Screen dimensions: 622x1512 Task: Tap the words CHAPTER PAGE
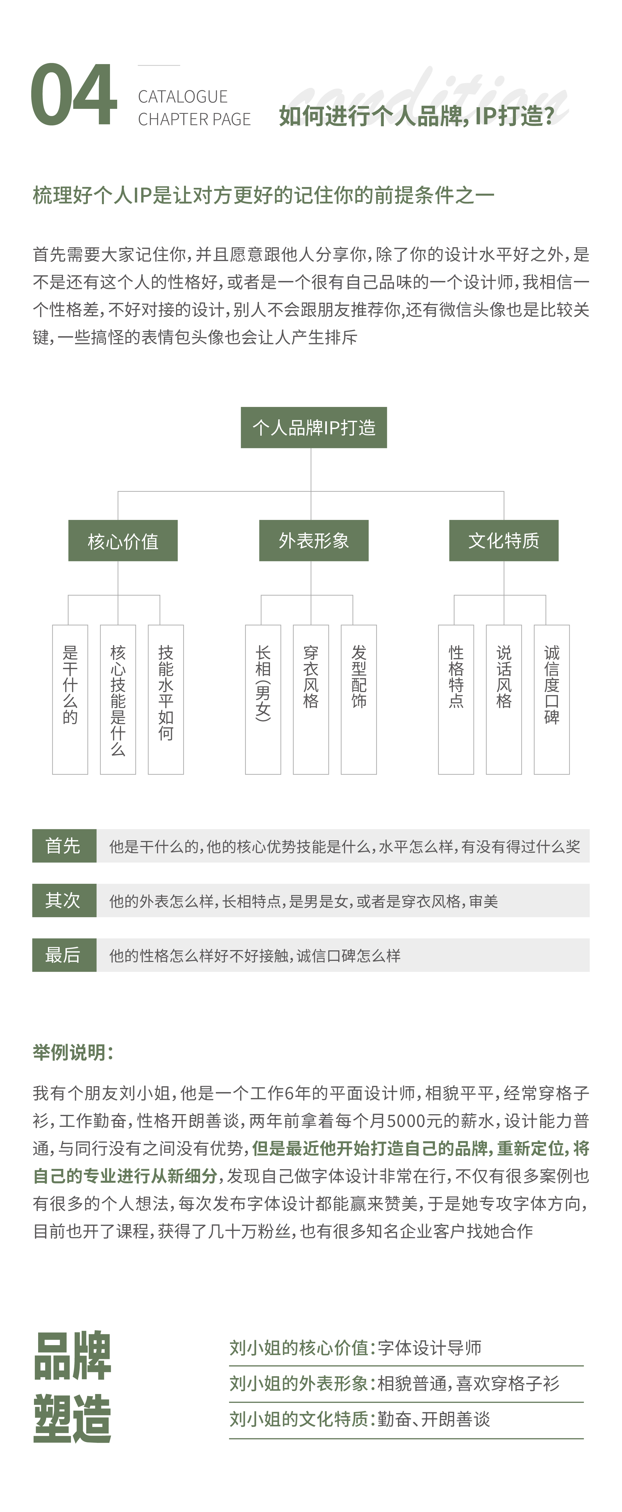pos(194,119)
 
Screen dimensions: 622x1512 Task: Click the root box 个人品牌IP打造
pos(314,427)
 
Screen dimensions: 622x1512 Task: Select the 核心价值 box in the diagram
pos(123,541)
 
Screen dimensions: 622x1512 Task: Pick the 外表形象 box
pos(314,541)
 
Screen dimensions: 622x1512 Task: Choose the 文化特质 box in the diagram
pos(503,541)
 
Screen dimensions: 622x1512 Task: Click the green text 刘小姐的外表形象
pos(298,1384)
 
